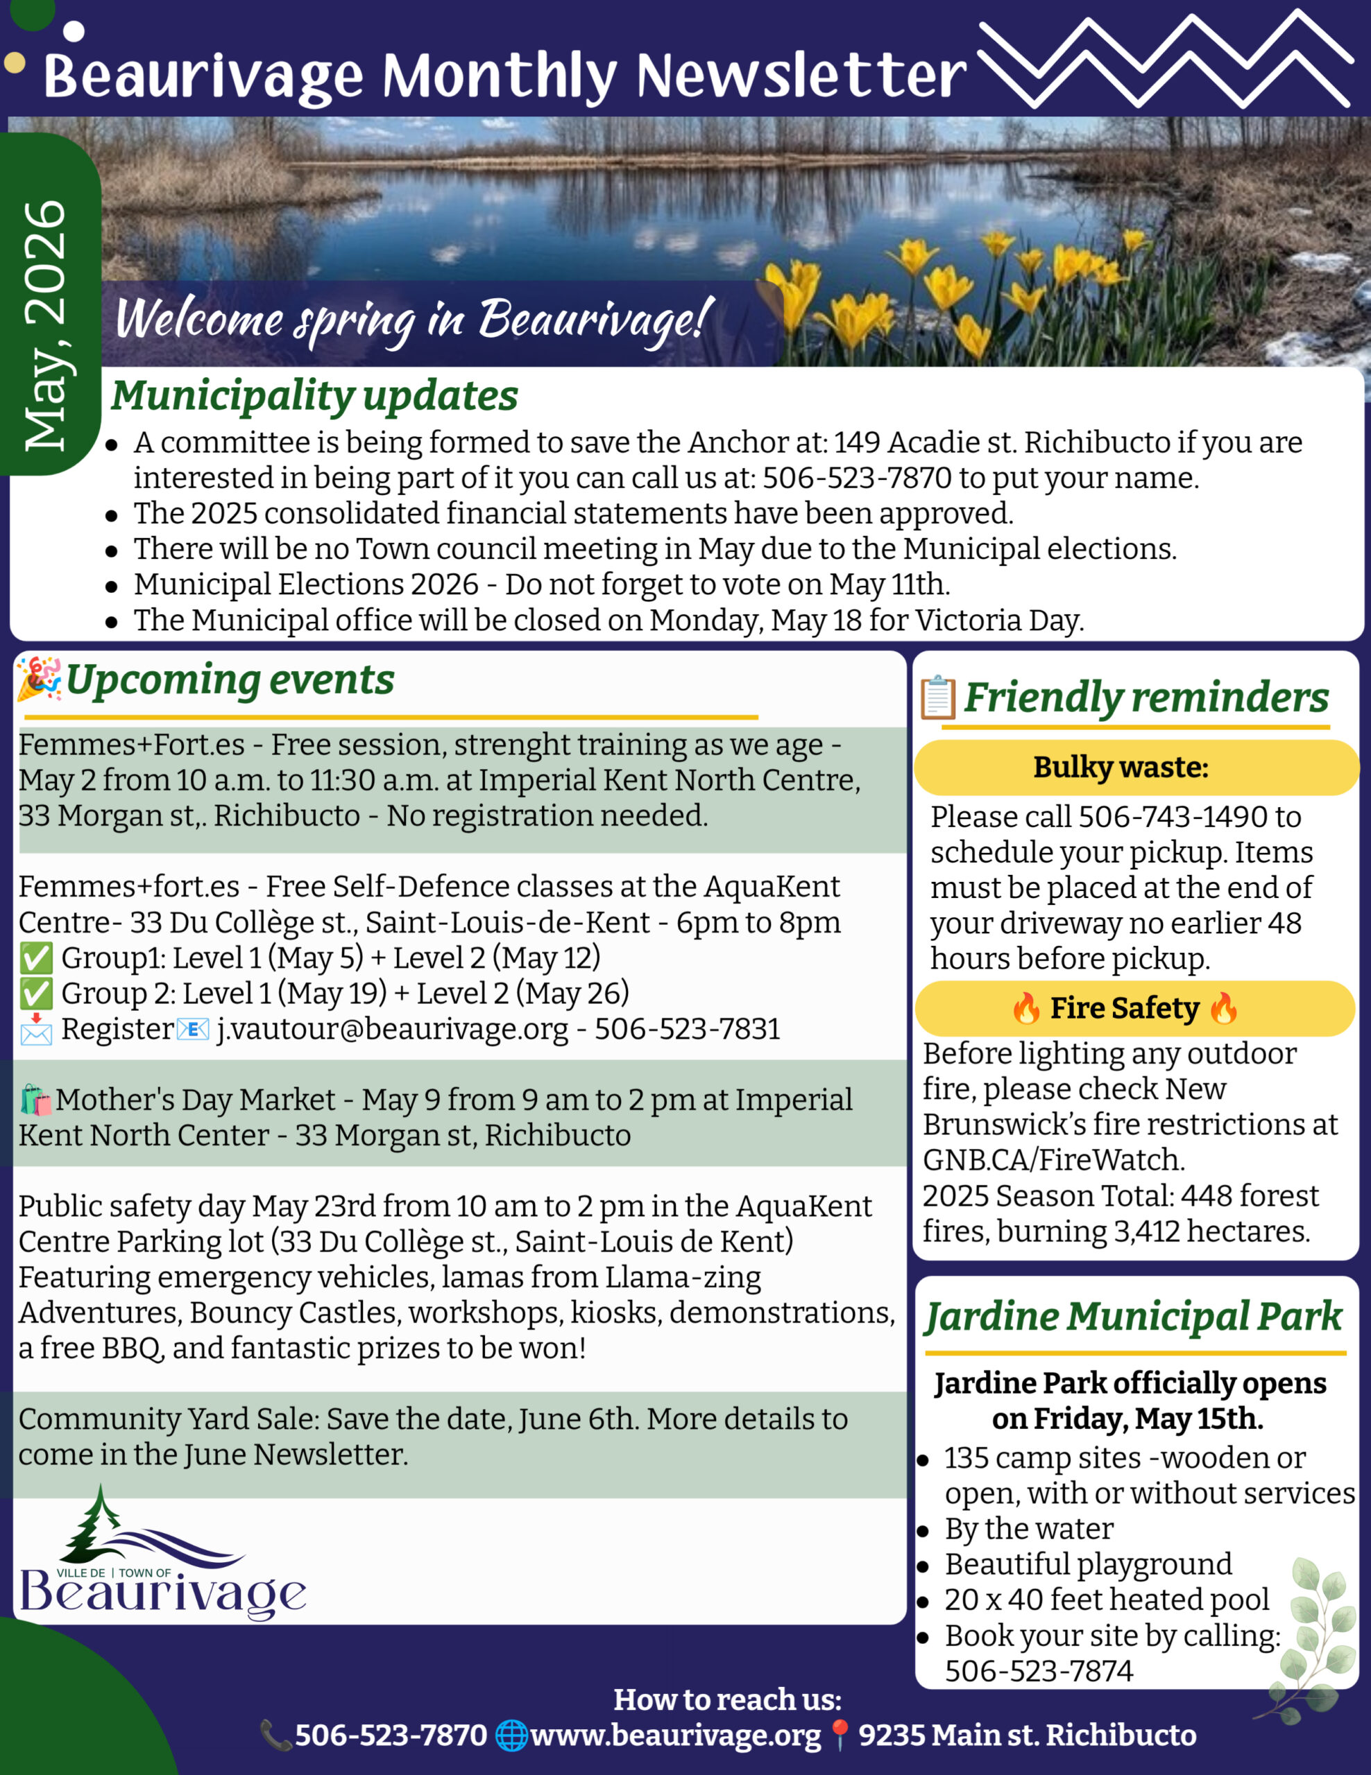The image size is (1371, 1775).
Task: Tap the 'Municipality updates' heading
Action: point(315,396)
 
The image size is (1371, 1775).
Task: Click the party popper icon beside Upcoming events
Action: point(38,679)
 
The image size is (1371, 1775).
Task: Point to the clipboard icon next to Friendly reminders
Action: point(937,698)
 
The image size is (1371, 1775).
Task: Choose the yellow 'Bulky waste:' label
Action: point(1120,768)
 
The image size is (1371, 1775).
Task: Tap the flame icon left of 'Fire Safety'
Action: point(1026,1009)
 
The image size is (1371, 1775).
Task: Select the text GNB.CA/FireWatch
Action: point(1053,1160)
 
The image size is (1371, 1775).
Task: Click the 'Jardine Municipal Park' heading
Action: point(1134,1317)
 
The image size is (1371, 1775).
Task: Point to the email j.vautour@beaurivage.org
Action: point(392,1029)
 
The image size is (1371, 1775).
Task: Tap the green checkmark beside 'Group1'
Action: point(36,958)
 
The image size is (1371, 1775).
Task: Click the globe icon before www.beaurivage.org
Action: point(511,1735)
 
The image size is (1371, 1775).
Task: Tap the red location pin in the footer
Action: point(840,1736)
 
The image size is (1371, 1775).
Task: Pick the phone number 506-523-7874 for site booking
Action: point(1039,1671)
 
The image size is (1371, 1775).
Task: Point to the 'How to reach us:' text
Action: point(727,1699)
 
